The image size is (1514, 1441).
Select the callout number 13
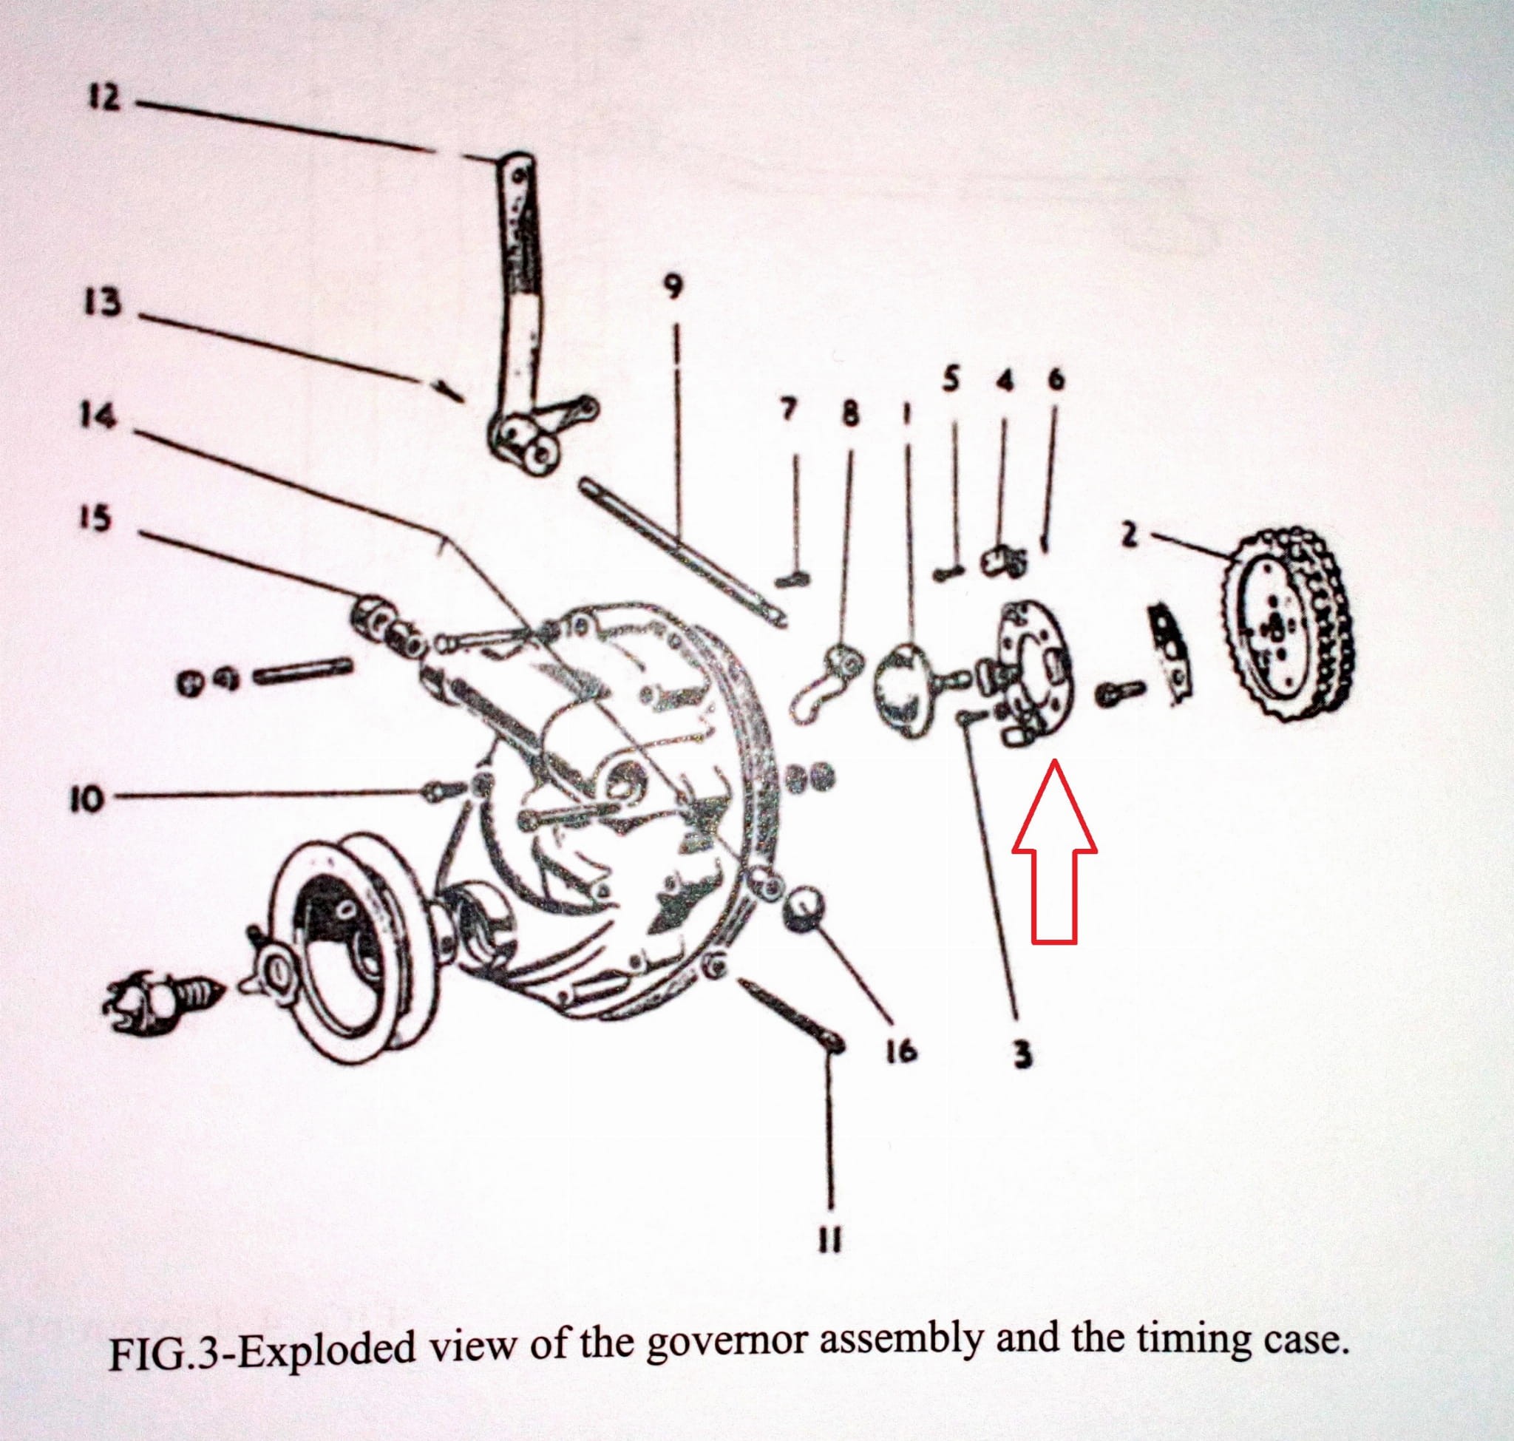pyautogui.click(x=103, y=302)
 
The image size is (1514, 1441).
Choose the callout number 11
pyautogui.click(x=830, y=1238)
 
